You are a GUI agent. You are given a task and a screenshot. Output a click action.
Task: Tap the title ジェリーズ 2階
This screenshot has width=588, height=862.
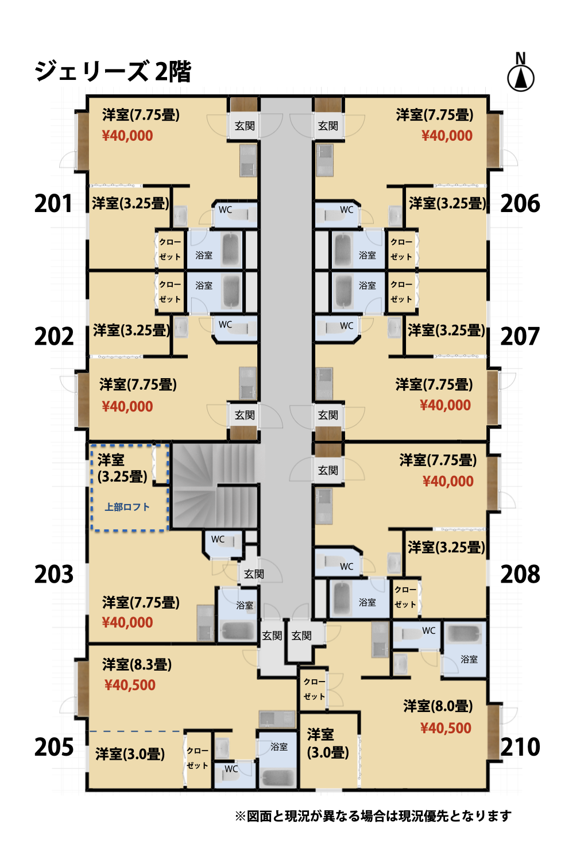(x=113, y=72)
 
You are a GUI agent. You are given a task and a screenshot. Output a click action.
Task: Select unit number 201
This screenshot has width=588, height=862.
(x=53, y=203)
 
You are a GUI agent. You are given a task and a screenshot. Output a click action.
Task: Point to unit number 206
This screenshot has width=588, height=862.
(x=520, y=203)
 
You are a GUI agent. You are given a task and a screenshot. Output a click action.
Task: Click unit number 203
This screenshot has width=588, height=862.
(x=54, y=575)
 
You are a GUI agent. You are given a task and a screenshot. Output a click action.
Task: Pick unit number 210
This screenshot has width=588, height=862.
(x=520, y=747)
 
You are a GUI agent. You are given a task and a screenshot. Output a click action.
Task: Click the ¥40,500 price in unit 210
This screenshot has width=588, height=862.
(x=446, y=728)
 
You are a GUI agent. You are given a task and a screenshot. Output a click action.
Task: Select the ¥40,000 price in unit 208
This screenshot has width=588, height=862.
(x=448, y=481)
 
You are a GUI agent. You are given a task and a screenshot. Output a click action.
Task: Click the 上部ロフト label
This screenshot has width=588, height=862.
(x=127, y=507)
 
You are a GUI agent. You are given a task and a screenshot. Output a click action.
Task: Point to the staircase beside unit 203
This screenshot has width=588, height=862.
(x=214, y=486)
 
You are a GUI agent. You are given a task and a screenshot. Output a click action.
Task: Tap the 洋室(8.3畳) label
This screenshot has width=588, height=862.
(x=137, y=664)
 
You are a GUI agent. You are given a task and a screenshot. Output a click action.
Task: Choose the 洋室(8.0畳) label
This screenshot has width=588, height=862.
(x=438, y=706)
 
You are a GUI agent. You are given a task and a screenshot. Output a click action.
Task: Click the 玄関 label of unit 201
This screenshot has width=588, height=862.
(x=245, y=126)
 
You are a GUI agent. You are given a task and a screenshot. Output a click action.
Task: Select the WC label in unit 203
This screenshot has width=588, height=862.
(x=218, y=540)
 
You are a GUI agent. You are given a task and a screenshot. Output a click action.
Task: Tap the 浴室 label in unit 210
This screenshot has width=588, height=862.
(x=469, y=660)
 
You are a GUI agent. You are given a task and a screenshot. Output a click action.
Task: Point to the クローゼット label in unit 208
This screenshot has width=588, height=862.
(x=405, y=597)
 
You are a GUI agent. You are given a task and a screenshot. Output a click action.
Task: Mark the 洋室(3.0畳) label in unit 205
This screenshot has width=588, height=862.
(x=130, y=754)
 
